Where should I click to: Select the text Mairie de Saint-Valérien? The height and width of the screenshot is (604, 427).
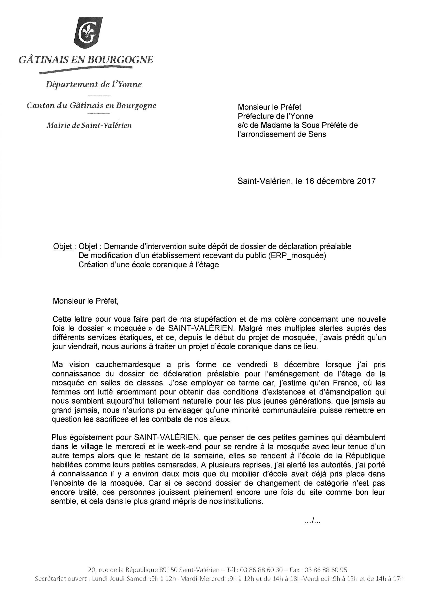click(x=89, y=125)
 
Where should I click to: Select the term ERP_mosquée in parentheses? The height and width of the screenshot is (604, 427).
click(x=297, y=255)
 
